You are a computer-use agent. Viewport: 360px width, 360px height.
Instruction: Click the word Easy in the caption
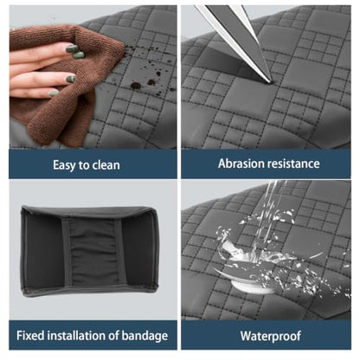(x=65, y=165)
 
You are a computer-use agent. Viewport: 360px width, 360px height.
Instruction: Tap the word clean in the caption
(x=106, y=165)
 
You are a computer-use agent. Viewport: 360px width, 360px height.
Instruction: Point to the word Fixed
(x=30, y=336)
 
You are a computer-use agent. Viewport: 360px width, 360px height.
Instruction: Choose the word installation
(x=77, y=336)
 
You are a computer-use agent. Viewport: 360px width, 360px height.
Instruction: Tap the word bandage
(x=145, y=336)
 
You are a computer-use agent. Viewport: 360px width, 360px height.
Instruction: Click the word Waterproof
(x=271, y=336)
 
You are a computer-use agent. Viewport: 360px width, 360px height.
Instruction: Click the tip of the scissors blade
(x=271, y=82)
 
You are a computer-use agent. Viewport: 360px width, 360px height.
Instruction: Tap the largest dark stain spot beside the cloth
(x=136, y=86)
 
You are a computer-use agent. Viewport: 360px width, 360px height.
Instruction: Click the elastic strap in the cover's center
(x=94, y=252)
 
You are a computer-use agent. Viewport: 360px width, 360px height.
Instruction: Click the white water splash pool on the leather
(x=249, y=284)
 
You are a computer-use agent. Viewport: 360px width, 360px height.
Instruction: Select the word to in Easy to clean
(x=85, y=165)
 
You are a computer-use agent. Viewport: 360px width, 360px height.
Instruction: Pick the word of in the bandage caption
(x=114, y=336)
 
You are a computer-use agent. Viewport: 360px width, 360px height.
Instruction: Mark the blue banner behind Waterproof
(x=267, y=335)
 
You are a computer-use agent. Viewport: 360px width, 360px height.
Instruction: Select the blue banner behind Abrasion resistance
(x=266, y=164)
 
